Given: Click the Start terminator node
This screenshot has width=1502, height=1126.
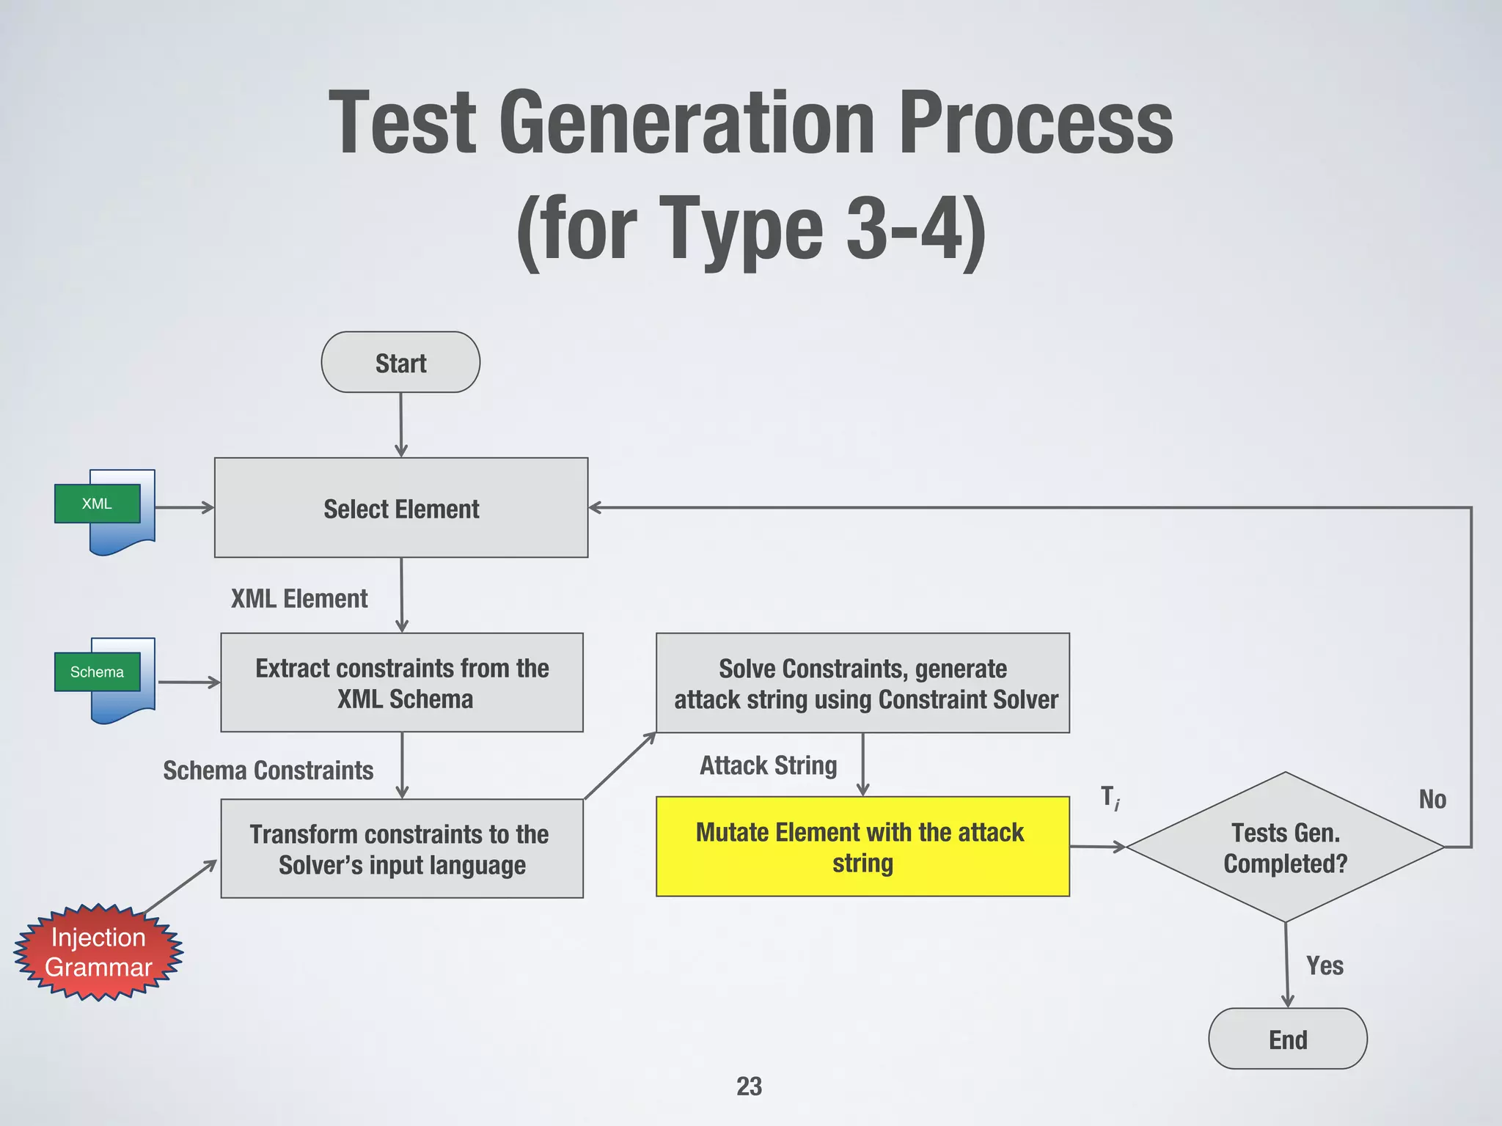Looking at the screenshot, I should (x=400, y=362).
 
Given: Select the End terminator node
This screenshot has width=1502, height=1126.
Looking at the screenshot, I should (x=1287, y=1039).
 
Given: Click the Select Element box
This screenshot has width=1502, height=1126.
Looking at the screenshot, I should (x=401, y=508).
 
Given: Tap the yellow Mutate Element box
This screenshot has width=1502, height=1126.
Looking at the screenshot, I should (x=862, y=847).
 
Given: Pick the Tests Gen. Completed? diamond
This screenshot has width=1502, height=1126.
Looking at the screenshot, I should (x=1285, y=847).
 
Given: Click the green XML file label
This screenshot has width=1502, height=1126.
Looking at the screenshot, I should (x=97, y=504).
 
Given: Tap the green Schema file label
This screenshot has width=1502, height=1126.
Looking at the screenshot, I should (x=97, y=671).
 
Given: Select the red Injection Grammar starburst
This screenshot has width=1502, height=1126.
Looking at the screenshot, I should (x=98, y=952).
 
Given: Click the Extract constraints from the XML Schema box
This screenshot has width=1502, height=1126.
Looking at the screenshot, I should (x=402, y=682).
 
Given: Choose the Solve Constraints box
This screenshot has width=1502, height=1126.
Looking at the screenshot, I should (x=862, y=682).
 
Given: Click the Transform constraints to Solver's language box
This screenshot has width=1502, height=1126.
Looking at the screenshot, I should (x=402, y=849).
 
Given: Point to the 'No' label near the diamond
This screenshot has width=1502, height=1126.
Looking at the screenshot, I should (x=1432, y=799).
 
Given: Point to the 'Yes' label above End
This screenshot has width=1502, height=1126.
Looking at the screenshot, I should (x=1325, y=965).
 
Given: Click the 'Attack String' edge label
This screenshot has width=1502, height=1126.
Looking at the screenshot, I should (x=768, y=765).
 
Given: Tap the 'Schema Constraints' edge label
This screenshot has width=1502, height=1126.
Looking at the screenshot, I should (x=268, y=770).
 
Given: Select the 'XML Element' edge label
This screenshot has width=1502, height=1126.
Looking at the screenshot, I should (x=299, y=599).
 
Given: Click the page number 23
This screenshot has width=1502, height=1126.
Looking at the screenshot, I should (x=749, y=1086).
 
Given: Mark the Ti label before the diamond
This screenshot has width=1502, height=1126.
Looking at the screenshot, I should (x=1110, y=798).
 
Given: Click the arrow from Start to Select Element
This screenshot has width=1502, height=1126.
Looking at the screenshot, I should (x=401, y=425).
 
